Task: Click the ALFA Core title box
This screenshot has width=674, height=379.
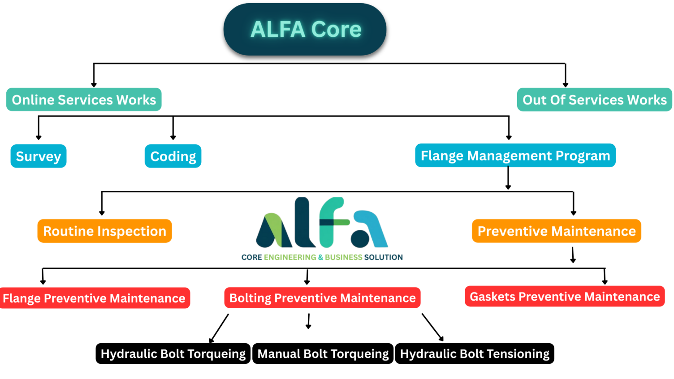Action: pyautogui.click(x=305, y=30)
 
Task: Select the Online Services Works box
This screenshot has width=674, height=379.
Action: pyautogui.click(x=84, y=99)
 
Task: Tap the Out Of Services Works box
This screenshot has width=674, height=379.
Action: pyautogui.click(x=594, y=99)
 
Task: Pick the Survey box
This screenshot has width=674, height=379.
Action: pyautogui.click(x=39, y=156)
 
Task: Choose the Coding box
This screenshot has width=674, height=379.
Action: pyautogui.click(x=173, y=156)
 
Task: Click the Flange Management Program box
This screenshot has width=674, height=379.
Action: pyautogui.click(x=515, y=155)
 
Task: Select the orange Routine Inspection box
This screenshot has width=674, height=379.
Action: pyautogui.click(x=104, y=231)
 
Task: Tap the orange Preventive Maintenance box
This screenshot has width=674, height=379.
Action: pyautogui.click(x=556, y=231)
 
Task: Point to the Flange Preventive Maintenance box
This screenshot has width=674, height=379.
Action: pyautogui.click(x=94, y=298)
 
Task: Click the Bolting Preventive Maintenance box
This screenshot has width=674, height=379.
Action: pyautogui.click(x=322, y=297)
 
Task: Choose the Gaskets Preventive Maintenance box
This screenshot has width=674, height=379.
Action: pyautogui.click(x=564, y=296)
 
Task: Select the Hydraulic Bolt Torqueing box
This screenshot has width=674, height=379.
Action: pyautogui.click(x=173, y=353)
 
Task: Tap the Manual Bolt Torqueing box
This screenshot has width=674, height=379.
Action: pyautogui.click(x=323, y=353)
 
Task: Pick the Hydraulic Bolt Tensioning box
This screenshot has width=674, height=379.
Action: pyautogui.click(x=474, y=353)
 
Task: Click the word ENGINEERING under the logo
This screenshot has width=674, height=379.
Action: pyautogui.click(x=290, y=257)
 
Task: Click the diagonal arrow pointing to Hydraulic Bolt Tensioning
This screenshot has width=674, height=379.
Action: pyautogui.click(x=432, y=327)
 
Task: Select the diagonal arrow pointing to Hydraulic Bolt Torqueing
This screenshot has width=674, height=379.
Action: pyautogui.click(x=219, y=328)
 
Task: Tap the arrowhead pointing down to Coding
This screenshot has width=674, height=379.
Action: pyautogui.click(x=173, y=137)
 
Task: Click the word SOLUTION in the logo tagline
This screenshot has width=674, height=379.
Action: pyautogui.click(x=383, y=257)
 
